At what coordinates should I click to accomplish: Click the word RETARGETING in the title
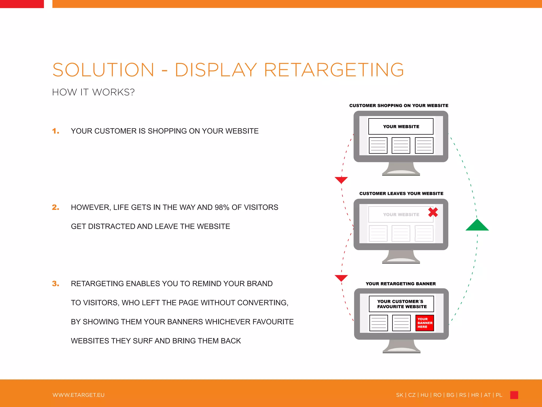pyautogui.click(x=334, y=70)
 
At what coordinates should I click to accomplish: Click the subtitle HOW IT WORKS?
pyautogui.click(x=93, y=92)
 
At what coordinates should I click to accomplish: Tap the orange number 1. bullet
pyautogui.click(x=56, y=131)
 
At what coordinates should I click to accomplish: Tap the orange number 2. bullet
pyautogui.click(x=56, y=207)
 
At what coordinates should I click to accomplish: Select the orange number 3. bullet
pyautogui.click(x=56, y=284)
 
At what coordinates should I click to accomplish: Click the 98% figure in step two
pyautogui.click(x=222, y=207)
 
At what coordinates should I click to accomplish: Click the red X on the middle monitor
pyautogui.click(x=433, y=212)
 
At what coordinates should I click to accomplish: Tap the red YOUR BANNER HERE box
pyautogui.click(x=424, y=323)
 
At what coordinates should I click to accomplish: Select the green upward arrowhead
pyautogui.click(x=477, y=225)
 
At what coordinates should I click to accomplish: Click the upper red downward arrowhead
pyautogui.click(x=341, y=180)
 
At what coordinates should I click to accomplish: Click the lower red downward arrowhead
pyautogui.click(x=341, y=278)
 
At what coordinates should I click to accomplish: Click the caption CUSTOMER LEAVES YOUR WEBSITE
pyautogui.click(x=401, y=193)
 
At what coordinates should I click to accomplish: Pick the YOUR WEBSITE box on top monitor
pyautogui.click(x=401, y=126)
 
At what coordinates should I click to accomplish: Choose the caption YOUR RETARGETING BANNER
pyautogui.click(x=401, y=284)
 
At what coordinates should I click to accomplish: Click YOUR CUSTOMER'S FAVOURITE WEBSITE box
pyautogui.click(x=401, y=304)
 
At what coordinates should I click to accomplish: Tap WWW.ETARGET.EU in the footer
pyautogui.click(x=79, y=395)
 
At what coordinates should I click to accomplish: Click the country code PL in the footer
pyautogui.click(x=499, y=395)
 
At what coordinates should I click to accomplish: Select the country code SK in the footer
pyautogui.click(x=400, y=395)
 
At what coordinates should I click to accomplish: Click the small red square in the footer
pyautogui.click(x=514, y=395)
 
